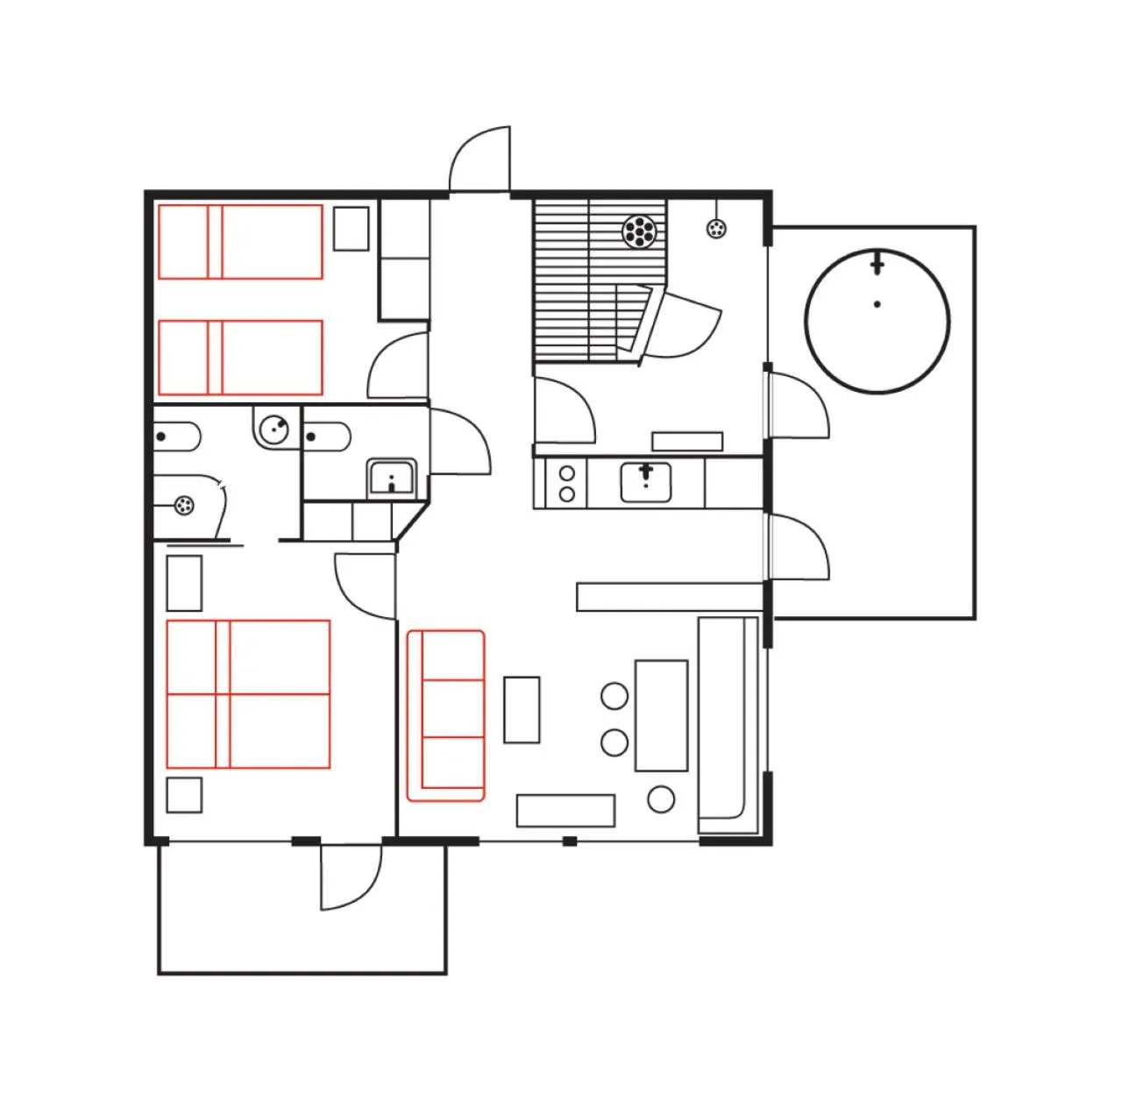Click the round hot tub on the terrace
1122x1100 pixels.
877,321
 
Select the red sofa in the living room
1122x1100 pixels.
446,715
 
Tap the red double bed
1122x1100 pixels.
248,694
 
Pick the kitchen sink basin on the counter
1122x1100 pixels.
645,483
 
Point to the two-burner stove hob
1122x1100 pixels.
566,484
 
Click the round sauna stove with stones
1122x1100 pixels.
639,231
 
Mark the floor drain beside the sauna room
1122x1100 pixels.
717,230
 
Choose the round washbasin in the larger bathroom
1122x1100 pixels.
273,428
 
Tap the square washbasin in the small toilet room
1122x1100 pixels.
392,478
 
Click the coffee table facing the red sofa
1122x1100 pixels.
522,709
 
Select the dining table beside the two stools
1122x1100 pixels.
661,715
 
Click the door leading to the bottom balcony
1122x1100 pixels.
351,876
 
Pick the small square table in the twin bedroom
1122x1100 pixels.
352,228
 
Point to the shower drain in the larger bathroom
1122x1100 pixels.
183,506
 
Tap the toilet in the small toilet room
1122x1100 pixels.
328,436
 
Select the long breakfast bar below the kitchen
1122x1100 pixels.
669,597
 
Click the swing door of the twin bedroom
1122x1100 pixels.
399,368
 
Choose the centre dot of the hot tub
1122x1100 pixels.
877,305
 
